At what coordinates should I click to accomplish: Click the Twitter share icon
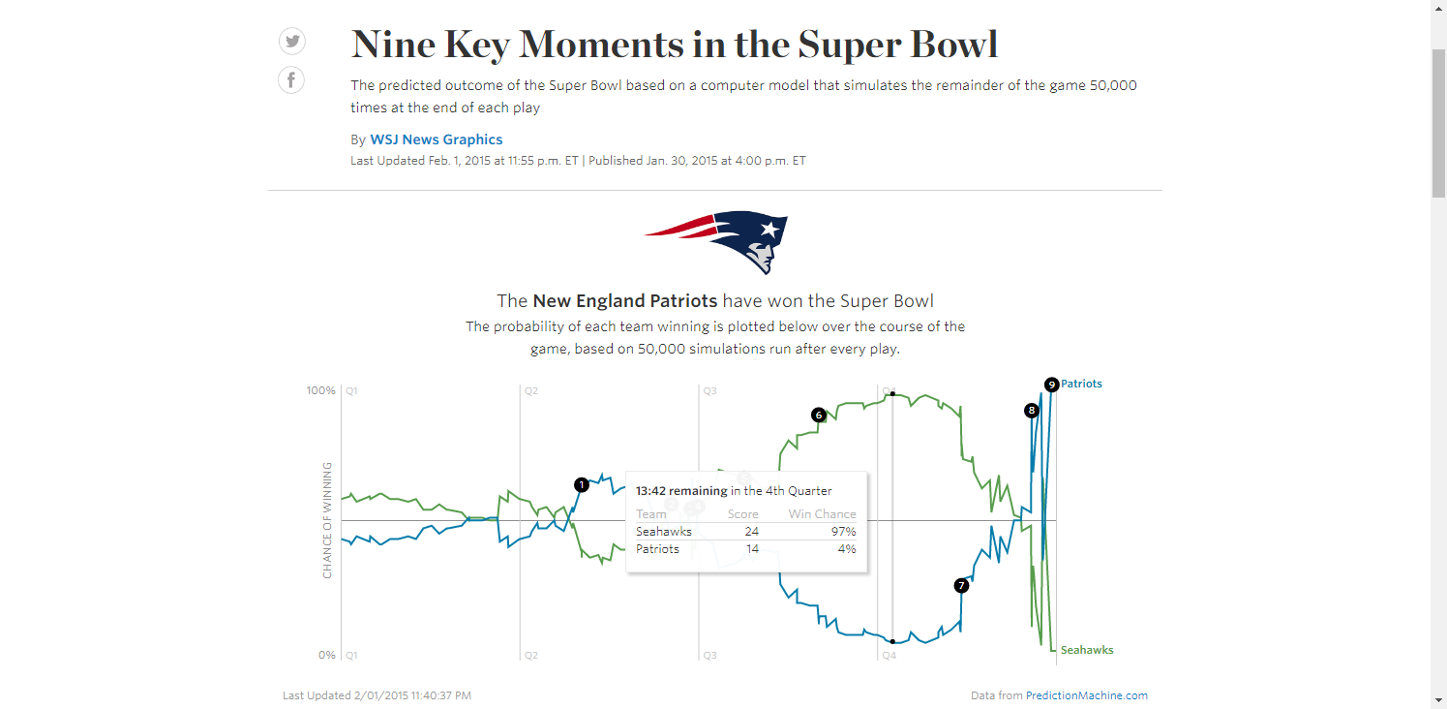tap(291, 41)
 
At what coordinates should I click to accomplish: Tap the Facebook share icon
tap(291, 79)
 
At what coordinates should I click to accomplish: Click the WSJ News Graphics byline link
tap(436, 139)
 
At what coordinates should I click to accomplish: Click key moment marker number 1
tap(581, 484)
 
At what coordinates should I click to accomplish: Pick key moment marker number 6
tap(819, 415)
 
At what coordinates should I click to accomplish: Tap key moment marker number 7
tap(961, 585)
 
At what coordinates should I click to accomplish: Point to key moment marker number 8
tap(1032, 411)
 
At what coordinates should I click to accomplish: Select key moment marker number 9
tap(1052, 385)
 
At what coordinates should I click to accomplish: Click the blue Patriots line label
tap(1081, 384)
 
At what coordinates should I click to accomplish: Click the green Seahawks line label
tap(1087, 650)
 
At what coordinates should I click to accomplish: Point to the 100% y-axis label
tap(321, 391)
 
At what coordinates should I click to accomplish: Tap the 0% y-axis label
tap(326, 656)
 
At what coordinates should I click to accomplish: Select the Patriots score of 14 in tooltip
tap(752, 549)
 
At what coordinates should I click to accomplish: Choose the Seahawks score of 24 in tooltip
tap(752, 532)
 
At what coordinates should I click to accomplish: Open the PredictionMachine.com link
tap(1086, 695)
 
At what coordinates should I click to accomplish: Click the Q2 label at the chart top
tap(531, 391)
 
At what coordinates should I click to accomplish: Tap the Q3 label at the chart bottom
tap(709, 656)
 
